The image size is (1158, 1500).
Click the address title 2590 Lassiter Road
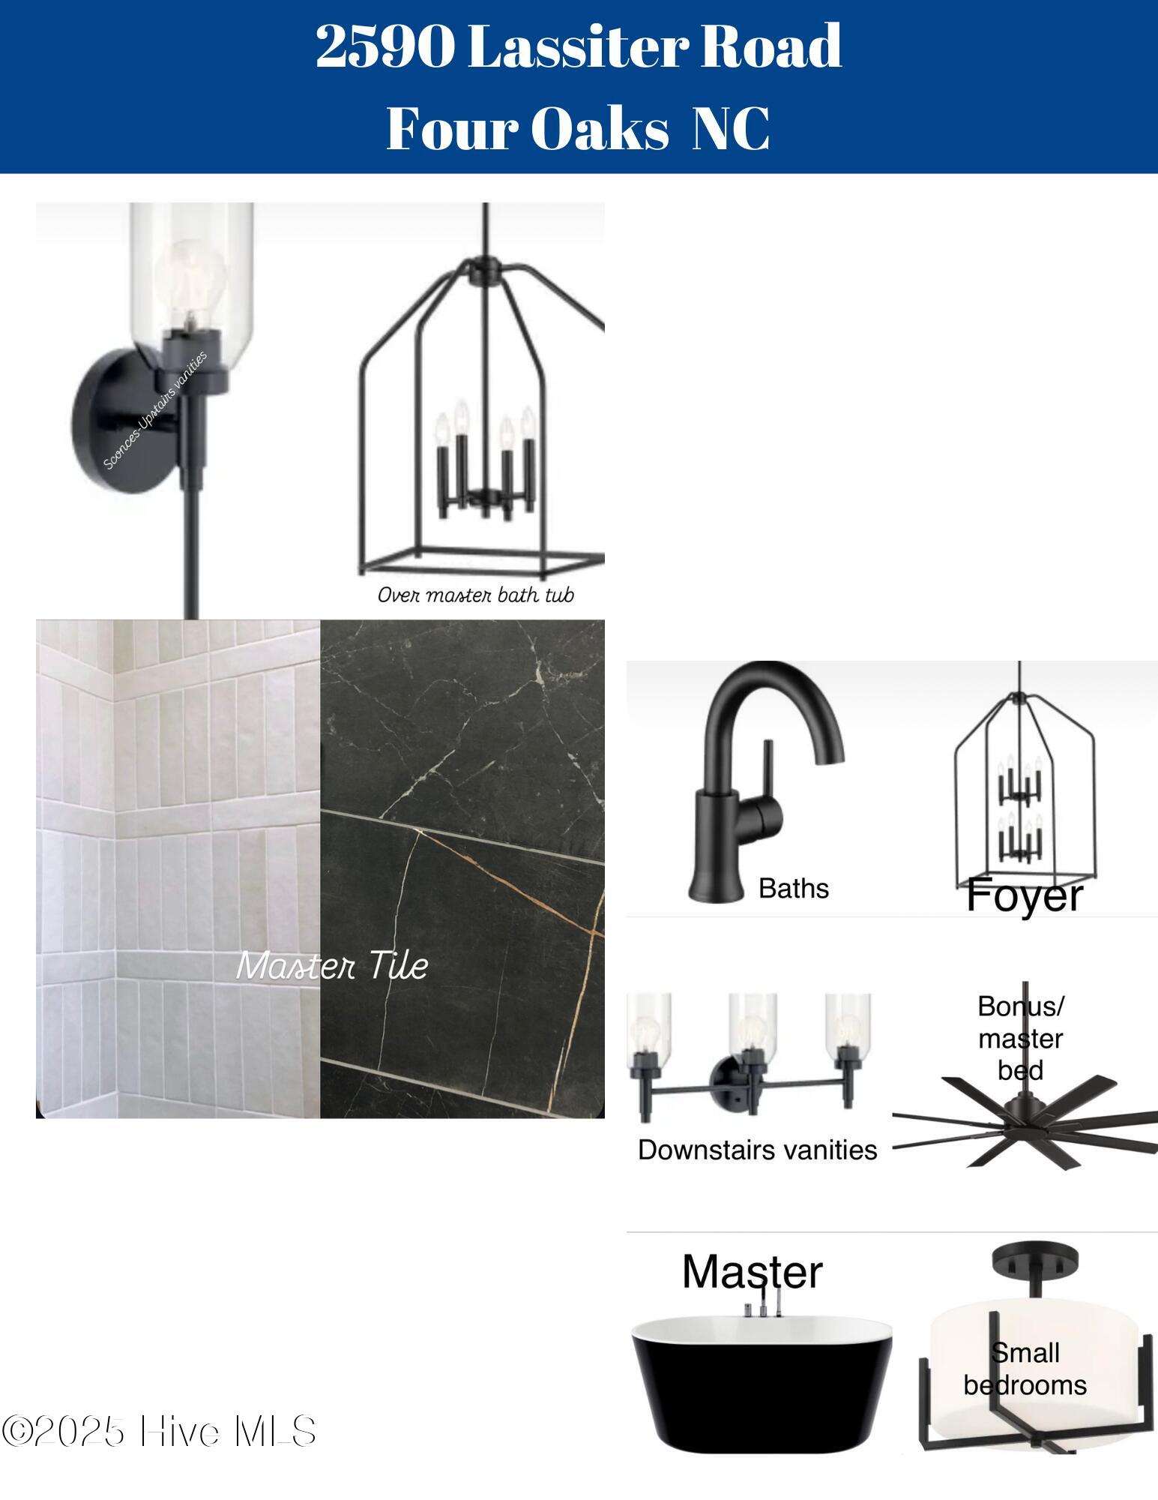579,46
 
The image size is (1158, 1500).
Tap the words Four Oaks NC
578,128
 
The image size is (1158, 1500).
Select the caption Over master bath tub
476,595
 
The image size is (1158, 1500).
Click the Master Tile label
332,966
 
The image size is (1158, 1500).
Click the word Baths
794,889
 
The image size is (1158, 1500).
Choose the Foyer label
1025,896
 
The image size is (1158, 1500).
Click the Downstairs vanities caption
758,1150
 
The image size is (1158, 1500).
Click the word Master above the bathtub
752,1272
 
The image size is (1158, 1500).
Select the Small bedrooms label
1025,1369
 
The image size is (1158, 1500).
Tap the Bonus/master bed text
1021,1038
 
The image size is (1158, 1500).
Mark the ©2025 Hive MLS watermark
158,1432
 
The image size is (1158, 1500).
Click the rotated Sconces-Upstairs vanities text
155,410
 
